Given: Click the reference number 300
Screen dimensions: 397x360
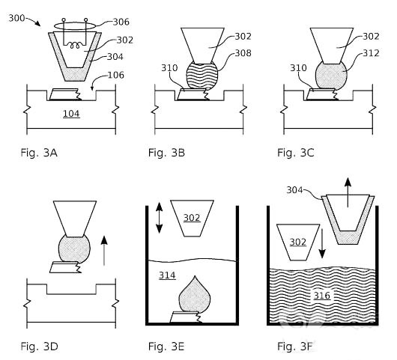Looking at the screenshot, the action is tap(16, 18).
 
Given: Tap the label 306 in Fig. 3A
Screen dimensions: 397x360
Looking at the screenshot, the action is tap(121, 22).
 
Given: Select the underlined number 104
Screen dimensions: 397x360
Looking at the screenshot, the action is tap(71, 114).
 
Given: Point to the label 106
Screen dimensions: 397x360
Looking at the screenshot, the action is tap(116, 75).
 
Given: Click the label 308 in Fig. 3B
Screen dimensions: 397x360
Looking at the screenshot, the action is tap(243, 53).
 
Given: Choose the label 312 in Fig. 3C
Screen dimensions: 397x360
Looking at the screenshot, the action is tap(372, 53).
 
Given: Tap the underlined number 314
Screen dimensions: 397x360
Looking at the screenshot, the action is tap(167, 275).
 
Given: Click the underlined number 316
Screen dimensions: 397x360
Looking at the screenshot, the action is tap(322, 295).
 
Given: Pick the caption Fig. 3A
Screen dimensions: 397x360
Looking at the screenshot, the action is tap(39, 153).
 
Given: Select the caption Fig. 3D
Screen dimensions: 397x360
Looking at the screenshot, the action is tap(39, 347).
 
